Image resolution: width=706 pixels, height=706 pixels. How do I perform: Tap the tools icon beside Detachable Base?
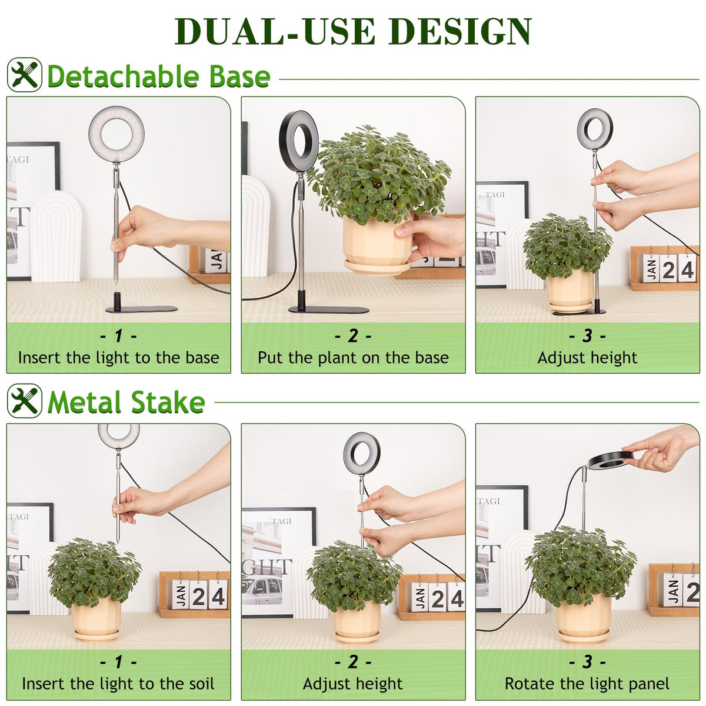click(x=25, y=75)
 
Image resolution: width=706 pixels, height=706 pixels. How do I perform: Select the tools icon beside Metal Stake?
click(x=25, y=401)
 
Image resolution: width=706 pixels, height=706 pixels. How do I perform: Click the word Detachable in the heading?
click(x=123, y=76)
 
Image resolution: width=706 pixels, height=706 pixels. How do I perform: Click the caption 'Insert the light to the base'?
click(x=119, y=358)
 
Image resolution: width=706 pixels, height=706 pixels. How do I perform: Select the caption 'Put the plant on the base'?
click(x=353, y=358)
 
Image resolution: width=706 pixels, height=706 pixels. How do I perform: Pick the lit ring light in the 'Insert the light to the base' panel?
click(x=116, y=135)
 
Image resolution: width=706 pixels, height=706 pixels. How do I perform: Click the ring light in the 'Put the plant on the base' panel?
click(x=299, y=141)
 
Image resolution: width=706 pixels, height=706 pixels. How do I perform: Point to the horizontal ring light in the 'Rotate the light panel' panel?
click(x=610, y=461)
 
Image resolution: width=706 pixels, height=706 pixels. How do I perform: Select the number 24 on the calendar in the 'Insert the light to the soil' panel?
click(x=208, y=597)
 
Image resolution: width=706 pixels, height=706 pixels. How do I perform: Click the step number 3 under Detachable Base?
click(x=587, y=335)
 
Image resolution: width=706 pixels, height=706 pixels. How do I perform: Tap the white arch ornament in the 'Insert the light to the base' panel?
click(x=56, y=237)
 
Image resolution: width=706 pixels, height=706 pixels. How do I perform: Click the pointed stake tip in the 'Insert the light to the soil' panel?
click(x=118, y=541)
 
